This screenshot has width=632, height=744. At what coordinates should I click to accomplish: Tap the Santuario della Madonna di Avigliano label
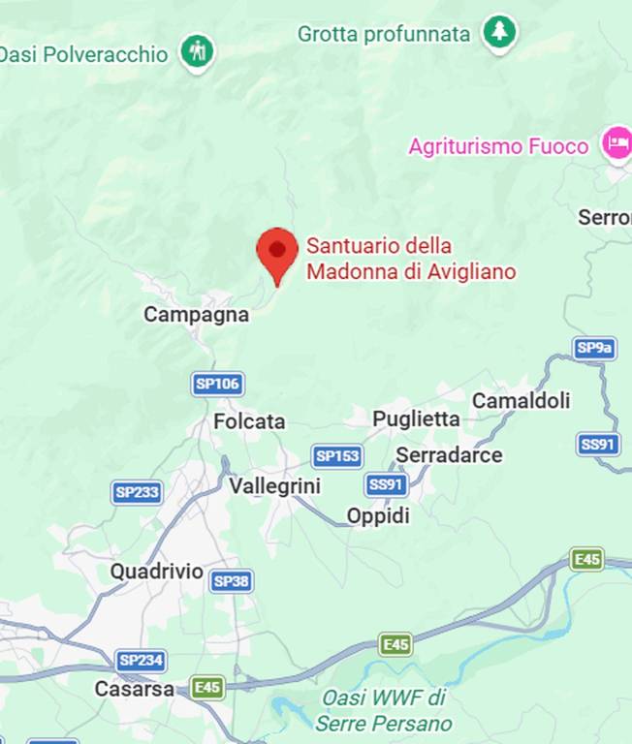[x=410, y=260]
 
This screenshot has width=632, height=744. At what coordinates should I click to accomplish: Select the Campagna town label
[x=196, y=315]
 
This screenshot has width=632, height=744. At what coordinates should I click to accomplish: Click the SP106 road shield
[x=217, y=384]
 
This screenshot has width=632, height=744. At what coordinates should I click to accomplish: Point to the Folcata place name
[x=249, y=421]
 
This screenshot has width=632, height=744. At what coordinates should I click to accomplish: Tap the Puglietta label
[x=416, y=418]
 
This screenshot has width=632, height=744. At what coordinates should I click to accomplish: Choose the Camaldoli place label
[x=521, y=400]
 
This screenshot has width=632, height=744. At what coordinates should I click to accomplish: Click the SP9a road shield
[x=594, y=349]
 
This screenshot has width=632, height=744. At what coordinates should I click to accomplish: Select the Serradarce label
[x=449, y=454]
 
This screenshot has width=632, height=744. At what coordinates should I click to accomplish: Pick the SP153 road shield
[x=337, y=456]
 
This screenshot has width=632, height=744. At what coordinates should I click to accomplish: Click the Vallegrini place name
[x=274, y=486]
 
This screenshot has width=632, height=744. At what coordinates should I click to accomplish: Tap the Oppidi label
[x=378, y=516]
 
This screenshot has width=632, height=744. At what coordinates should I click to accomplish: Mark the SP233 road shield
[x=137, y=492]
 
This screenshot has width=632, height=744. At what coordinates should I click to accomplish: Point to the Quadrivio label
[x=156, y=572]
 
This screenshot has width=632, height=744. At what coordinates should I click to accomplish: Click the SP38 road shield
[x=231, y=581]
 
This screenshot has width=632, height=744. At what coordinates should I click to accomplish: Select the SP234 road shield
[x=141, y=661]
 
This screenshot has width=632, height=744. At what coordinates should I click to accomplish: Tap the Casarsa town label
[x=135, y=690]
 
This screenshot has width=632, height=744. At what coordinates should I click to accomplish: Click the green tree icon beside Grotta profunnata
[x=500, y=33]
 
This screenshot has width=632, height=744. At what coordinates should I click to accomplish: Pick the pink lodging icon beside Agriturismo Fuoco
[x=616, y=145]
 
